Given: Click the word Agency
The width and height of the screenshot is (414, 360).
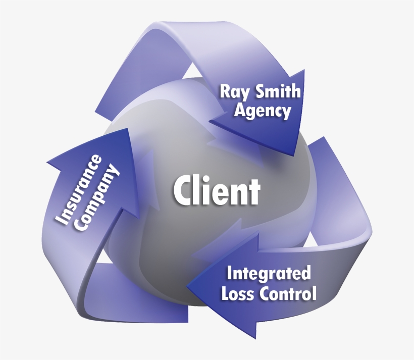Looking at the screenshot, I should click(x=262, y=111).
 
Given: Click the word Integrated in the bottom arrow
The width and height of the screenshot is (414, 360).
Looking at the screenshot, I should click(x=269, y=274).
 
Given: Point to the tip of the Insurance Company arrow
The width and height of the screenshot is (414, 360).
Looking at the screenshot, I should click(x=124, y=130).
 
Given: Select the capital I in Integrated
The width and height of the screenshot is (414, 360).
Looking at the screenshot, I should click(x=230, y=274).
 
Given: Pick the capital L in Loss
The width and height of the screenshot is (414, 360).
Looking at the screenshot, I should click(x=226, y=293).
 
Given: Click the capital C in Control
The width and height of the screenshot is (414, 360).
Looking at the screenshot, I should click(x=268, y=293).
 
